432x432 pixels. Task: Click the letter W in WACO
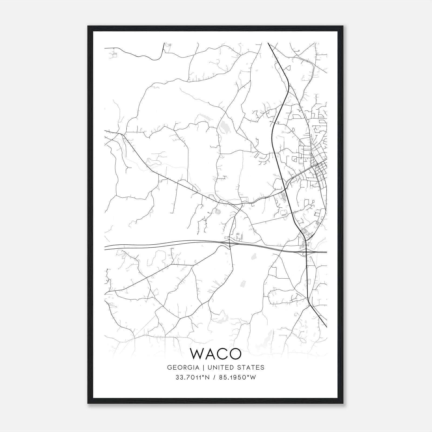click(199, 354)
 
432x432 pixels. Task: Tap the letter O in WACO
click(234, 354)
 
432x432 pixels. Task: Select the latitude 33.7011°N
click(192, 377)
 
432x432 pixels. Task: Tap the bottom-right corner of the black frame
click(343, 403)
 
